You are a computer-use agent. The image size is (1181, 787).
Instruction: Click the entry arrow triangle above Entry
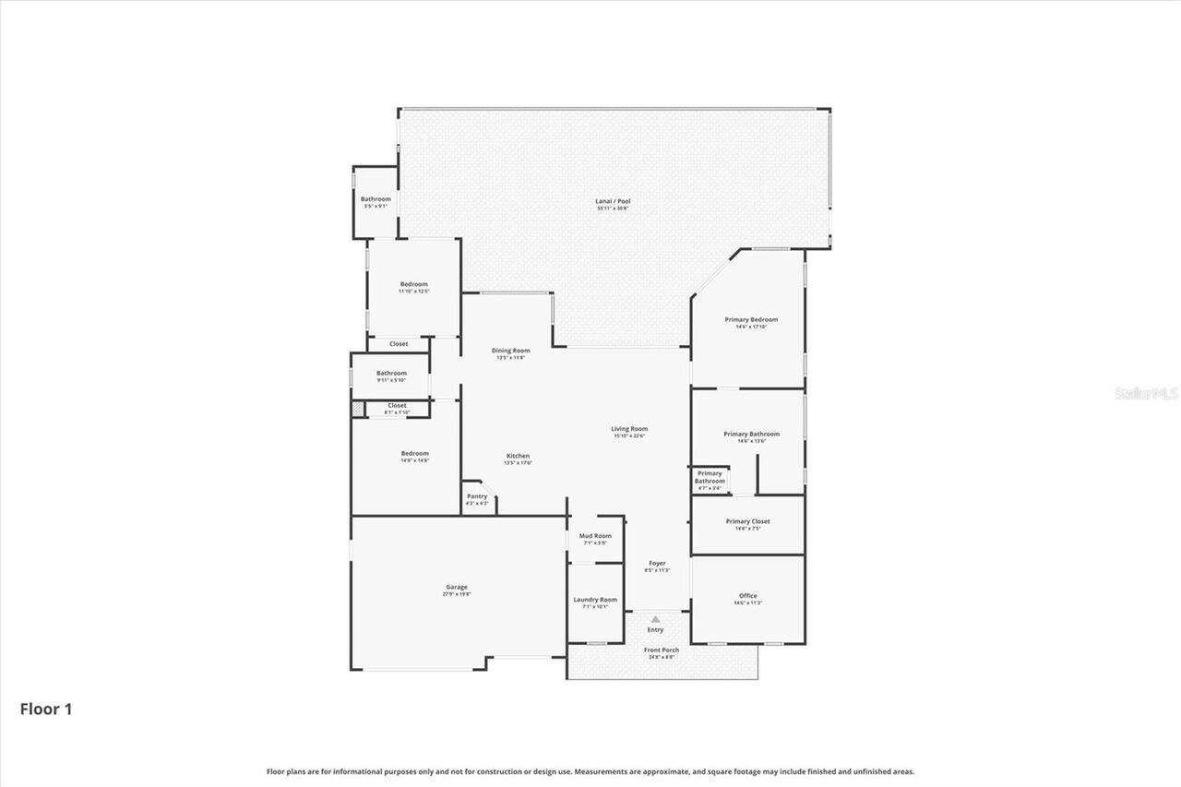pos(655,619)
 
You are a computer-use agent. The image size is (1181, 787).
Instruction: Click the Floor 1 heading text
pos(46,709)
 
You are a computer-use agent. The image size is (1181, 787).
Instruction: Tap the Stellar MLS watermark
pos(1146,393)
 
